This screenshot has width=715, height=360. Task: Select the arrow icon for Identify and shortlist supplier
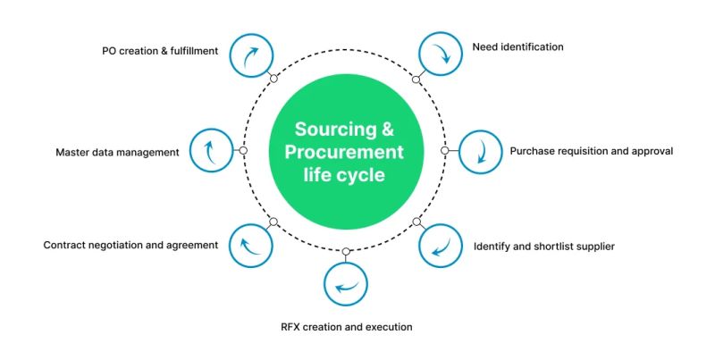441,246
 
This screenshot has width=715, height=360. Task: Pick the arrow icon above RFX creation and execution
345,286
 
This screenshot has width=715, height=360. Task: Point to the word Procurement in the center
344,151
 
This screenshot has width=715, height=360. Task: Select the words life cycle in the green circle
344,175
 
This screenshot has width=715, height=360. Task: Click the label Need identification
517,46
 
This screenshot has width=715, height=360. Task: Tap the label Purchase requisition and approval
591,151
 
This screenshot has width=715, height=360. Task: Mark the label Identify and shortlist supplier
544,245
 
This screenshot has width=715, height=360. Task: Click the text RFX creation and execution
346,327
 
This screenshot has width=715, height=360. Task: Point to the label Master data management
117,152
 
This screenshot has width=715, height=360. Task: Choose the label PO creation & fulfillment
160,51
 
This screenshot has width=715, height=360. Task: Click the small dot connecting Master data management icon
243,151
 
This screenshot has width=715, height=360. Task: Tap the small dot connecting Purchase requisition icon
445,151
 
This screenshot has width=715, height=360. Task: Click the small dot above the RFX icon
345,251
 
